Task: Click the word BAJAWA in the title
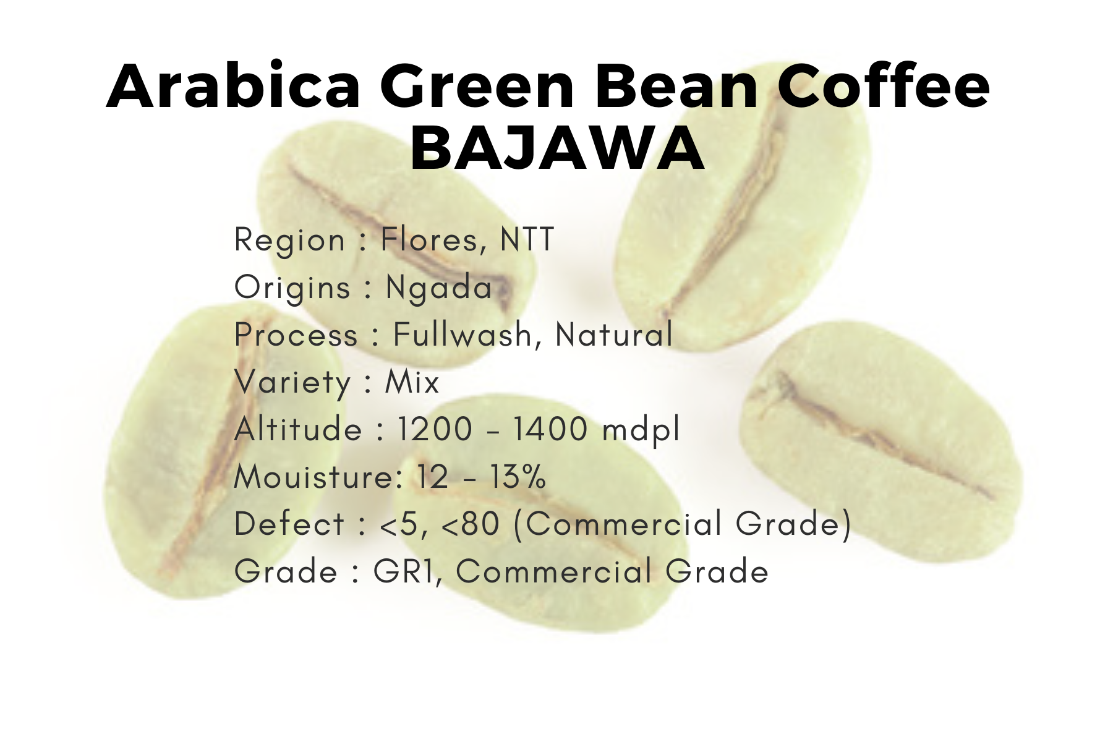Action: (x=557, y=148)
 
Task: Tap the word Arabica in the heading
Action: (x=233, y=86)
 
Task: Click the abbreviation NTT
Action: (x=527, y=239)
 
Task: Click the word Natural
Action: (x=614, y=335)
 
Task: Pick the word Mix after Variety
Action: (x=412, y=382)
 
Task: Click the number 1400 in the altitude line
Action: (x=550, y=429)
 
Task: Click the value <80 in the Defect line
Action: (x=471, y=524)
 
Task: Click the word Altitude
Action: (x=298, y=429)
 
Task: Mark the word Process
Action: (x=296, y=335)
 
